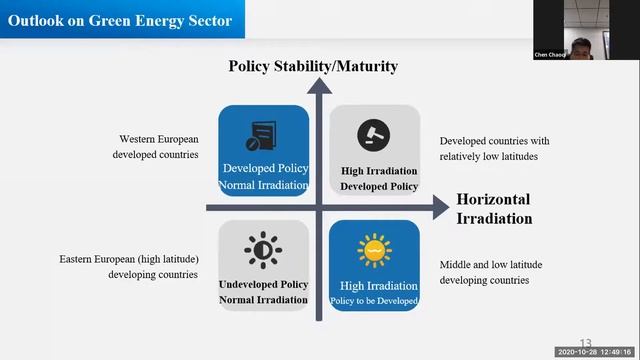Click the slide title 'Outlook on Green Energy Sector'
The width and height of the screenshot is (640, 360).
(120, 20)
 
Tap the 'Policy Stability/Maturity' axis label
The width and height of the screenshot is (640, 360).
(313, 66)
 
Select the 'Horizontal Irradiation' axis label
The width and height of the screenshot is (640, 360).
(494, 209)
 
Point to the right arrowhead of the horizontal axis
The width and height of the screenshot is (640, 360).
(441, 207)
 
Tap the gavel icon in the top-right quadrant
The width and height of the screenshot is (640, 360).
(374, 134)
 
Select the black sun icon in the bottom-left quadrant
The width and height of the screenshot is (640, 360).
(263, 250)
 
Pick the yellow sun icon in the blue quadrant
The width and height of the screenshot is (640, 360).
(374, 250)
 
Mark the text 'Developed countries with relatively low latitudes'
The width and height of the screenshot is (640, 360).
(494, 149)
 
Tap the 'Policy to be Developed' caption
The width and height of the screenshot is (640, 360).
(374, 301)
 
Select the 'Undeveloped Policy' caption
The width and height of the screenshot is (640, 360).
(263, 285)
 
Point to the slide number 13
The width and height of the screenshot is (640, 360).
(586, 343)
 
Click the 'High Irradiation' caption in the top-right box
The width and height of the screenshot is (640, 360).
(378, 171)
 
